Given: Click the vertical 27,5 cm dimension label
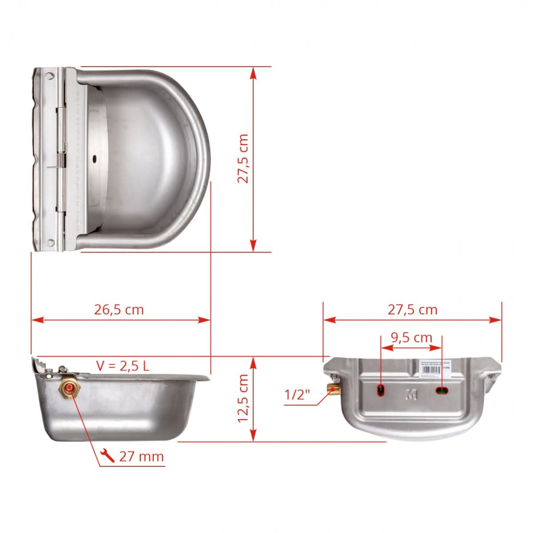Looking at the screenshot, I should (x=243, y=159).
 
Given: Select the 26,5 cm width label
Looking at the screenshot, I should (x=119, y=310).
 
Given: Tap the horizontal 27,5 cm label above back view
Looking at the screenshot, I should (x=413, y=310).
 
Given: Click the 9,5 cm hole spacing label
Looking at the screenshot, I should (x=411, y=338).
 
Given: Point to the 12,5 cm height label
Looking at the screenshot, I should (x=243, y=398).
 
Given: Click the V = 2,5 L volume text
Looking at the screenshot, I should (x=123, y=366).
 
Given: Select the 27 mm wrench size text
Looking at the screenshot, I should (x=141, y=456).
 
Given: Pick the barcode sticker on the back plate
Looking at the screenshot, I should (x=436, y=369).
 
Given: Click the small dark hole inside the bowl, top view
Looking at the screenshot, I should (x=95, y=158).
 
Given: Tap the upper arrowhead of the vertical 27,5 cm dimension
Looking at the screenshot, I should (x=253, y=73).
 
